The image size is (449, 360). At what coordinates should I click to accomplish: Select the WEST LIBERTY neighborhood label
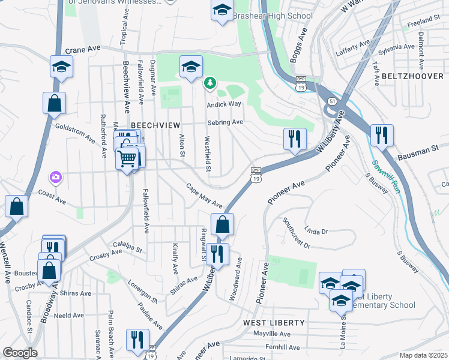click(x=274, y=323)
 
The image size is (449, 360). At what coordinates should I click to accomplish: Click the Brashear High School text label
click(x=273, y=16)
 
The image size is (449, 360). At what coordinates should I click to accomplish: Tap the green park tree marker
click(x=210, y=83)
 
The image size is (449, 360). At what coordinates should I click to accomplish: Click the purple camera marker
click(x=56, y=177)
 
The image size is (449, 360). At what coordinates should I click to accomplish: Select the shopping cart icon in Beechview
click(x=128, y=159)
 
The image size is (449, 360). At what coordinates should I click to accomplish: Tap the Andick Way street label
click(x=223, y=104)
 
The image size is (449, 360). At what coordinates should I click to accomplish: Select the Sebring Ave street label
click(x=225, y=122)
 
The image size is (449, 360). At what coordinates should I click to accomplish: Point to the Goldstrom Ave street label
click(x=75, y=133)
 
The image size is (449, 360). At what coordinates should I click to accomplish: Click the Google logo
click(x=20, y=353)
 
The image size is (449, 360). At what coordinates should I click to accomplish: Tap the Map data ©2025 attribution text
click(x=423, y=355)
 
